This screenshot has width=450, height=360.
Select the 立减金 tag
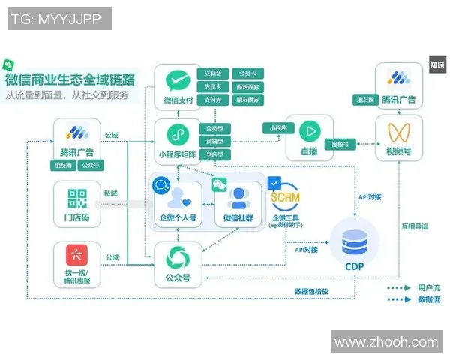212,73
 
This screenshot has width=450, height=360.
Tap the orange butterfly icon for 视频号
397,133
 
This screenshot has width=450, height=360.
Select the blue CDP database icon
352,241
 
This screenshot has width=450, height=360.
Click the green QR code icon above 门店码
76,198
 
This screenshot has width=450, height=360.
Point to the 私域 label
112,193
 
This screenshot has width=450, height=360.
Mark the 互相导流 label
414,226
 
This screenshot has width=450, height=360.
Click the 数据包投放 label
311,291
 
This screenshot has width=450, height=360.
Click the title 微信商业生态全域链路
70,79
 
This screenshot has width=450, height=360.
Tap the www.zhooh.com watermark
385,342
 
